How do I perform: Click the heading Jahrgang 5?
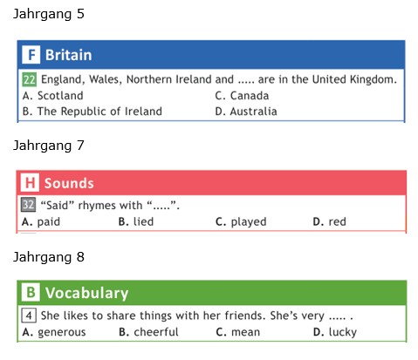click(x=49, y=14)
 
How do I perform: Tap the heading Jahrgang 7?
click(x=49, y=146)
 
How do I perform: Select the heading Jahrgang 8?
click(x=49, y=257)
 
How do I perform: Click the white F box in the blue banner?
click(x=31, y=55)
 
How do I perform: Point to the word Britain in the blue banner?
click(x=69, y=55)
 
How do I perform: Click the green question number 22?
click(x=30, y=79)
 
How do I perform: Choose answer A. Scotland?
click(x=53, y=96)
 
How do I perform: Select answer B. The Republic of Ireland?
click(x=93, y=112)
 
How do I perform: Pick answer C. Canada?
click(x=242, y=96)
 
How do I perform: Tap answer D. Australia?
click(x=246, y=112)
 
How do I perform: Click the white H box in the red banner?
click(x=30, y=183)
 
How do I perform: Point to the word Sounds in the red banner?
click(x=69, y=183)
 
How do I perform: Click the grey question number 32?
click(x=28, y=205)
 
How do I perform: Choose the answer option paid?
click(x=41, y=221)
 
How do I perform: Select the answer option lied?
click(x=136, y=221)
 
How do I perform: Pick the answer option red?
click(x=329, y=221)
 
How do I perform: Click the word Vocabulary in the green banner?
click(x=86, y=293)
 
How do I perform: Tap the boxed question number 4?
click(x=29, y=316)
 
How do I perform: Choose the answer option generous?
click(x=54, y=332)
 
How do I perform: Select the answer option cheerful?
click(x=148, y=332)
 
